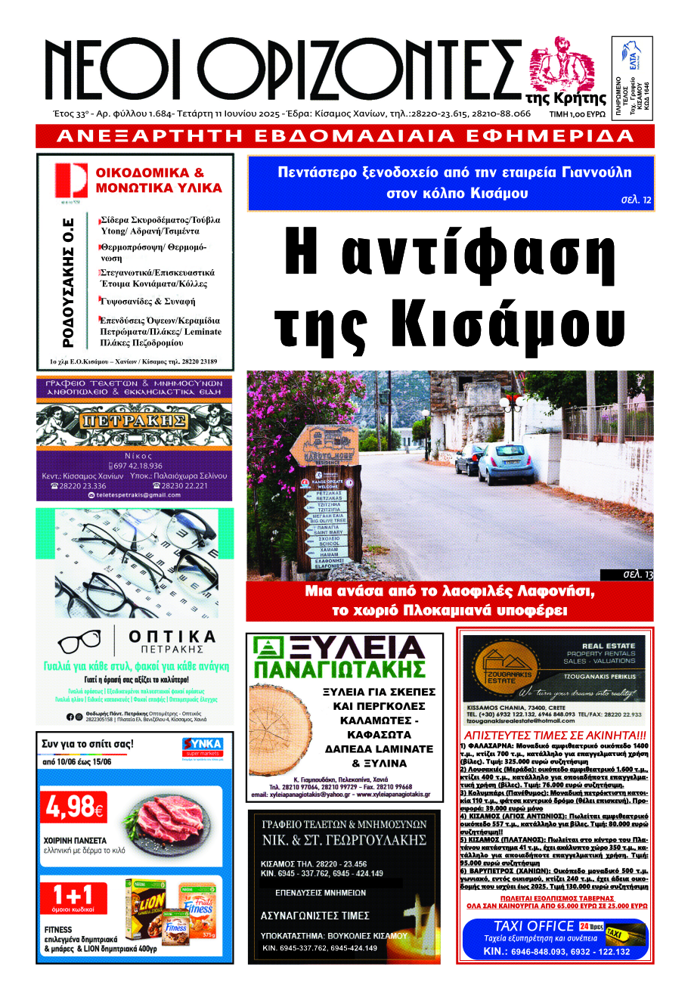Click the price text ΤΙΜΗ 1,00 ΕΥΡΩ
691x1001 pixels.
point(578,114)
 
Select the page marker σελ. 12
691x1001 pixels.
point(636,200)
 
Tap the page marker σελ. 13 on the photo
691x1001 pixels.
point(637,575)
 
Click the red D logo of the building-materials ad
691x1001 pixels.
point(70,181)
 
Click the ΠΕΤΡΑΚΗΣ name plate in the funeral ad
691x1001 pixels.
point(134,420)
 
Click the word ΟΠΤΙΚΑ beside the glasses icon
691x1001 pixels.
point(172,637)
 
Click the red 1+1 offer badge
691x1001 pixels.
point(73,898)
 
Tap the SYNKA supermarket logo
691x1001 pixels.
point(203,747)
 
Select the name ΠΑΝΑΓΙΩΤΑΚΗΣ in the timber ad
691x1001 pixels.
point(339,670)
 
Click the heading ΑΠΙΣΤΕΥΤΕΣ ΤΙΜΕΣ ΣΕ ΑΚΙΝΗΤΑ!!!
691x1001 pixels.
point(555,735)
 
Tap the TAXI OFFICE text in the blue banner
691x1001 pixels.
point(534,926)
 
